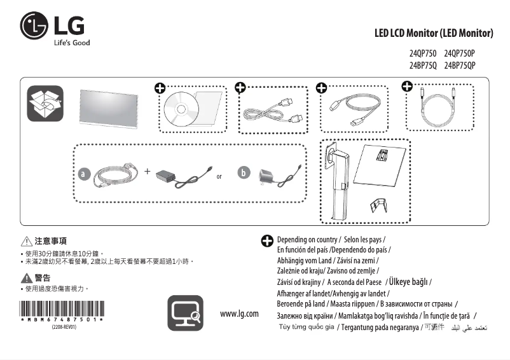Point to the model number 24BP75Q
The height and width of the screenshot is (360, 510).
click(x=423, y=65)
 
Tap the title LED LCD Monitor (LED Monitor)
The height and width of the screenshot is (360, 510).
click(x=434, y=32)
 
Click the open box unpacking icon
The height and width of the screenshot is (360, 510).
click(x=45, y=104)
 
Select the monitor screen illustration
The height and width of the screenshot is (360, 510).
click(x=109, y=108)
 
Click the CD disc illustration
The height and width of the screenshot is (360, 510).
click(x=181, y=109)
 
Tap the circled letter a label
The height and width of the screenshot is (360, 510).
click(x=83, y=173)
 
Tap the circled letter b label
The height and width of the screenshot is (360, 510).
click(x=243, y=173)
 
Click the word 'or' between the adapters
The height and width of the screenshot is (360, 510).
click(x=219, y=176)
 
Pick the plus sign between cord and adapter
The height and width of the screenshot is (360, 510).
click(x=148, y=172)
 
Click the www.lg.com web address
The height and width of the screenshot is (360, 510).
click(x=239, y=314)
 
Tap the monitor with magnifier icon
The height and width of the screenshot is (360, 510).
click(x=185, y=313)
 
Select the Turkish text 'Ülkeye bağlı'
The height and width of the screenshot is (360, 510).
click(x=408, y=282)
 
